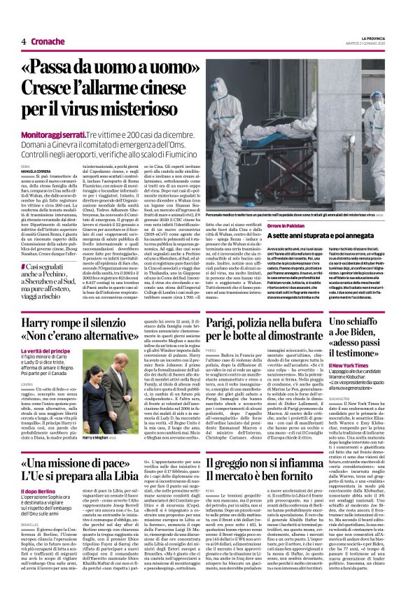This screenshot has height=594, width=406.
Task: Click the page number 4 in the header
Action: coord(24,41)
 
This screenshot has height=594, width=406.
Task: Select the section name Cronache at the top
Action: coord(47,41)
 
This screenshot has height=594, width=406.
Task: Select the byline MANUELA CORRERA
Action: coord(35,171)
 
